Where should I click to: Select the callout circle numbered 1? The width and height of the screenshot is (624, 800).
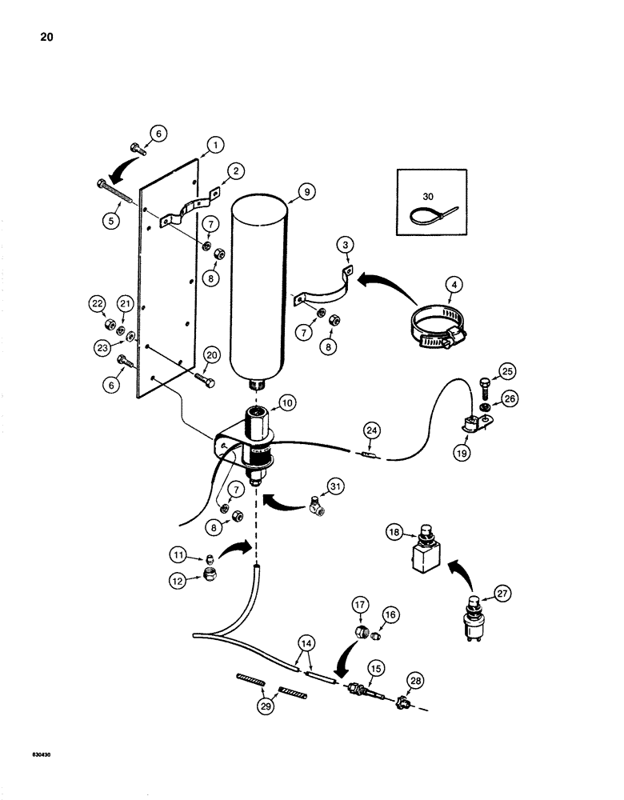[x=193, y=145]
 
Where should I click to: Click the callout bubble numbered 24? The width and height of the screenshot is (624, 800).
[x=370, y=429]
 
